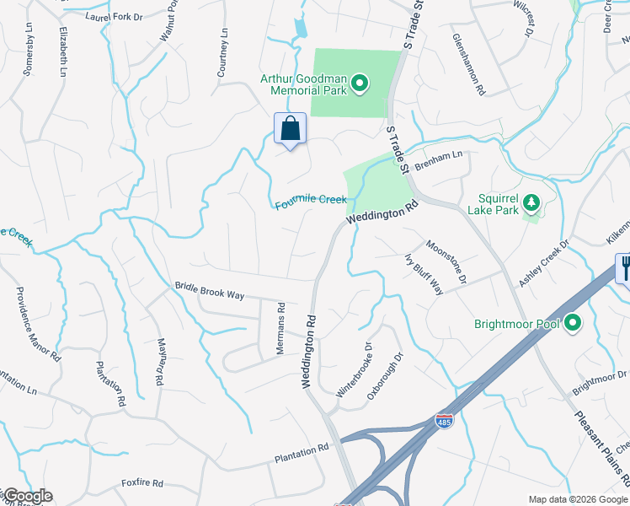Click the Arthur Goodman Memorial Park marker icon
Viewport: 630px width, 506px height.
(x=360, y=82)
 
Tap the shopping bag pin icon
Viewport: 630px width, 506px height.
(x=290, y=129)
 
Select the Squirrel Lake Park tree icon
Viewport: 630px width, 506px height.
(x=531, y=202)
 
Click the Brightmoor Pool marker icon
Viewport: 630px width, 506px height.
(x=573, y=323)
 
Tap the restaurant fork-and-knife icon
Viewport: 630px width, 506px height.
(x=623, y=267)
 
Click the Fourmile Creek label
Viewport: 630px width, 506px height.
(x=311, y=202)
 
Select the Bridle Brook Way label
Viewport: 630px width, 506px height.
(x=209, y=291)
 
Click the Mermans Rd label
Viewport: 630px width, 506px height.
(x=281, y=329)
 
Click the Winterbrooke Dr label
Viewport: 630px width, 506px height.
(x=354, y=370)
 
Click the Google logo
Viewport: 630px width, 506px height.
(x=28, y=496)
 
